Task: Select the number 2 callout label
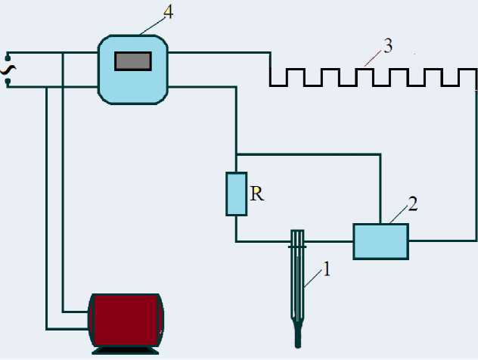tap(412, 203)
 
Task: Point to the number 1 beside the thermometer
tap(327, 268)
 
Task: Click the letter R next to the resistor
tap(257, 194)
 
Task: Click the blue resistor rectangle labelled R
tap(237, 194)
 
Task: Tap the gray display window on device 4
tap(133, 61)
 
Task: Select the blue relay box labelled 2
tap(380, 241)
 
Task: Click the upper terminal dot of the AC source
tap(8, 55)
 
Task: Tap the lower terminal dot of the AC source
tap(8, 85)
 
